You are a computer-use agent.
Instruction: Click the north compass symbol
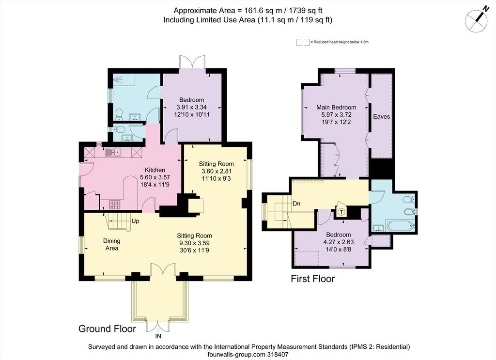click(x=477, y=19)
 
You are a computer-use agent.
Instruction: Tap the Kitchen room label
click(x=155, y=170)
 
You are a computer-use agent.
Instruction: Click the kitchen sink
click(x=113, y=153)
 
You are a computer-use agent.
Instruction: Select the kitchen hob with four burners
click(x=115, y=204)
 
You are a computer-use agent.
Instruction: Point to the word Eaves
click(x=382, y=116)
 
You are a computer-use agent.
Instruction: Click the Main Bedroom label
click(x=336, y=107)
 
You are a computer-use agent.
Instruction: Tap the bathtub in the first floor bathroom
click(x=400, y=226)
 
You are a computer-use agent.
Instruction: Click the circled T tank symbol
click(x=341, y=212)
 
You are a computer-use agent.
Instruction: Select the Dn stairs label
click(x=296, y=203)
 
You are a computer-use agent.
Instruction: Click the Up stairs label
click(x=135, y=221)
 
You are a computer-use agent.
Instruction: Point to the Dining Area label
click(x=112, y=245)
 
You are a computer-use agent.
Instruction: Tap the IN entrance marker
click(x=158, y=336)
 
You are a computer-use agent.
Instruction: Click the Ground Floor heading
click(x=107, y=329)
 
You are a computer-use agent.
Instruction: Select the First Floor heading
click(x=313, y=279)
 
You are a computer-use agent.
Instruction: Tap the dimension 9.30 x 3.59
click(x=194, y=243)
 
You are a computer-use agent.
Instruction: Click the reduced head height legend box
click(x=303, y=42)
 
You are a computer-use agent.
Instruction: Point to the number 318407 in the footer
click(x=277, y=355)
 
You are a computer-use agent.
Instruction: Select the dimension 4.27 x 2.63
click(x=339, y=242)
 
